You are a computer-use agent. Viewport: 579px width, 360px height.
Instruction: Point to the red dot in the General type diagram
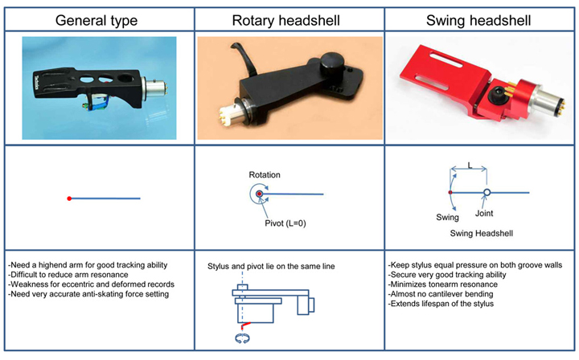tap(70, 198)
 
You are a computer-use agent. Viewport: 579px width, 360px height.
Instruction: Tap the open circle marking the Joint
tap(487, 192)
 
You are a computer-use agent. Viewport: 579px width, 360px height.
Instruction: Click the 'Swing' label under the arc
tap(447, 217)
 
